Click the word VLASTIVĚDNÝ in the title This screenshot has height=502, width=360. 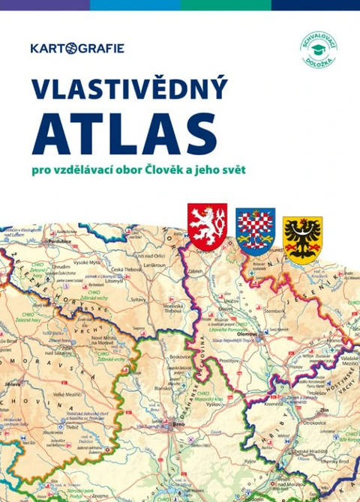coord(128,88)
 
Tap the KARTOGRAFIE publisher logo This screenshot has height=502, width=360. coord(77,49)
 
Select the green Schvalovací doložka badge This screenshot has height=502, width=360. coord(318,50)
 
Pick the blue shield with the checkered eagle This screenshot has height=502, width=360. coord(255,232)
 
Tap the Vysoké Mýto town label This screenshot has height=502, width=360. coord(85,263)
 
